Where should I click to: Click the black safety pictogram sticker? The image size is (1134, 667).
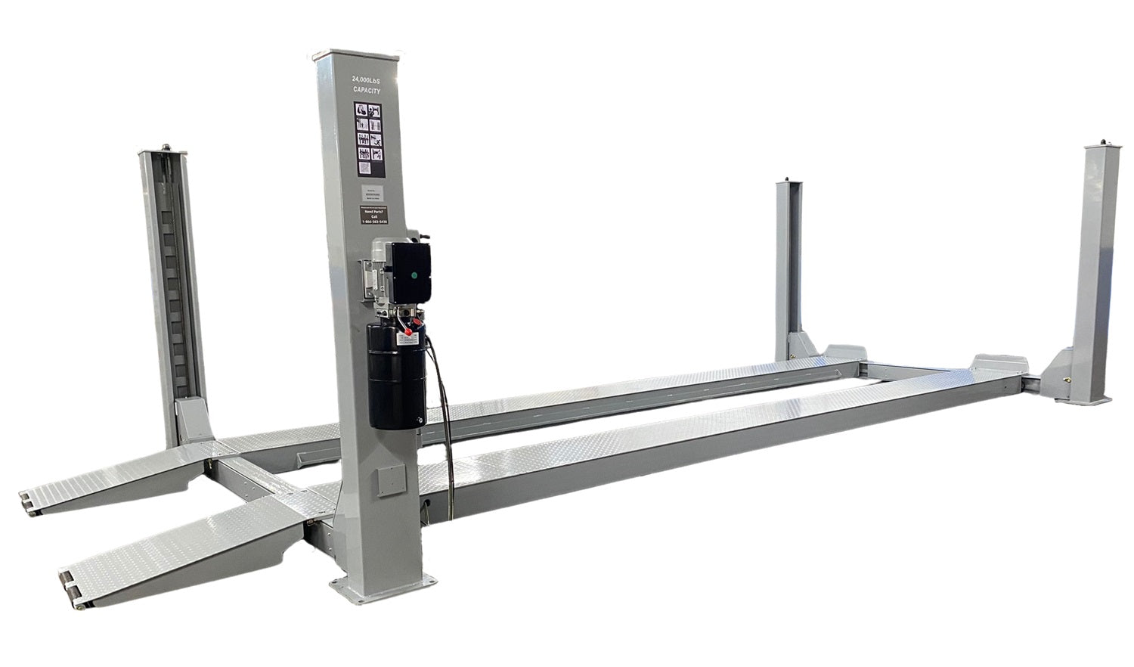[x=368, y=132]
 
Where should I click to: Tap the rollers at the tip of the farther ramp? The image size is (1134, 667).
[x=27, y=502]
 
